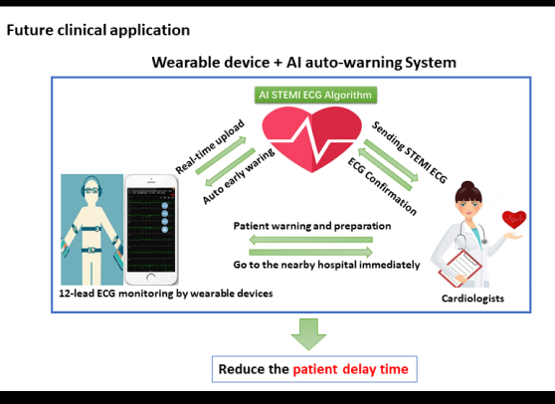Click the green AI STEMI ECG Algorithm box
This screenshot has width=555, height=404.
coord(315,95)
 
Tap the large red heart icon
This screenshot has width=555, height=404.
coord(312,139)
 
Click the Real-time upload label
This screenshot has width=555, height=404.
coord(210,147)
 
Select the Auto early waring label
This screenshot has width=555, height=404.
coord(238,176)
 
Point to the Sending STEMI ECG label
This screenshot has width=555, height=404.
coord(410,152)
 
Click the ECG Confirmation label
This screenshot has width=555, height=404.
coord(382,187)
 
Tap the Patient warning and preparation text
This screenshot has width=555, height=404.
coord(312,226)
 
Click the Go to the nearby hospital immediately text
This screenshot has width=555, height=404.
coord(326,265)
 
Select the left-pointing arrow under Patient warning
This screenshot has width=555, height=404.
coord(310,240)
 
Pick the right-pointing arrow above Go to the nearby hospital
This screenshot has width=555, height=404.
coord(310,252)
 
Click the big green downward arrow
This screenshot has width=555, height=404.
coord(308,334)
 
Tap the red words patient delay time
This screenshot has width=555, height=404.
coord(350,369)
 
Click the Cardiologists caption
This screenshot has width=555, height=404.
coord(472,299)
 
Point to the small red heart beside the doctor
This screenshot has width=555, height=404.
coord(514,220)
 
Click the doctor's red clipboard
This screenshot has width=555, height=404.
coord(461,268)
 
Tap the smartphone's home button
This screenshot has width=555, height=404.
coord(151,278)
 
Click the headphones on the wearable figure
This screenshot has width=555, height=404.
coord(92,188)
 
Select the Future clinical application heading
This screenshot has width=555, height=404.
coord(98,30)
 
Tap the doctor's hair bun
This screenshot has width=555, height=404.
coord(467,185)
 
